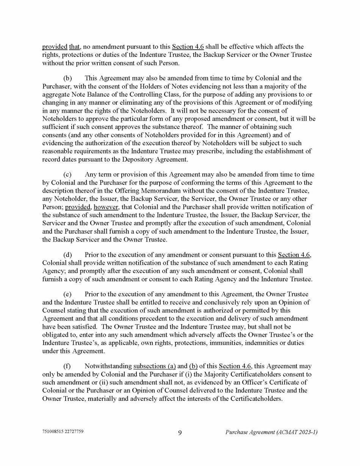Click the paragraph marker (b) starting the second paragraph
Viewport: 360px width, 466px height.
67,78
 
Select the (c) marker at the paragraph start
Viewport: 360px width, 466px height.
67,175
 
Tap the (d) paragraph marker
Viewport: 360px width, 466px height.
67,255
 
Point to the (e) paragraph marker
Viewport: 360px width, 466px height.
67,294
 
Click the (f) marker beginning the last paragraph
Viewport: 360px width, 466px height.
67,366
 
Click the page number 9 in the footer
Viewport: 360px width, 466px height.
180,433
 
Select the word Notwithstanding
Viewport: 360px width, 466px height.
108,366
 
